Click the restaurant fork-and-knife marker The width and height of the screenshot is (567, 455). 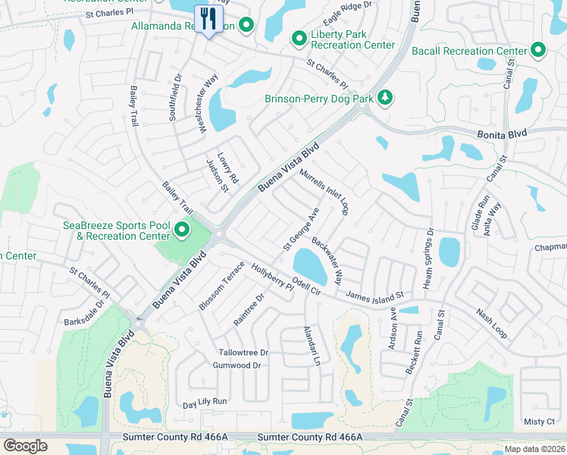207,18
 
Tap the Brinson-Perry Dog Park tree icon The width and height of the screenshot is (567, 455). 385,98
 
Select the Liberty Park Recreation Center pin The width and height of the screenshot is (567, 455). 299,38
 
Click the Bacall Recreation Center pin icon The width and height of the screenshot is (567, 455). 538,51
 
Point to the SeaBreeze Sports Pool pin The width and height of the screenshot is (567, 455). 181,229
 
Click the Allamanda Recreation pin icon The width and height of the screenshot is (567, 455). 246,27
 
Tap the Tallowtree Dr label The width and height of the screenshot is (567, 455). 243,353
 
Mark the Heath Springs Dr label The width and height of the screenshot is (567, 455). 429,258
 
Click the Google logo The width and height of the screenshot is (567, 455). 25,446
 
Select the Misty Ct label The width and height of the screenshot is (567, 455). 539,421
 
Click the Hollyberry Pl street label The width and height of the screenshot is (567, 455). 272,278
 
